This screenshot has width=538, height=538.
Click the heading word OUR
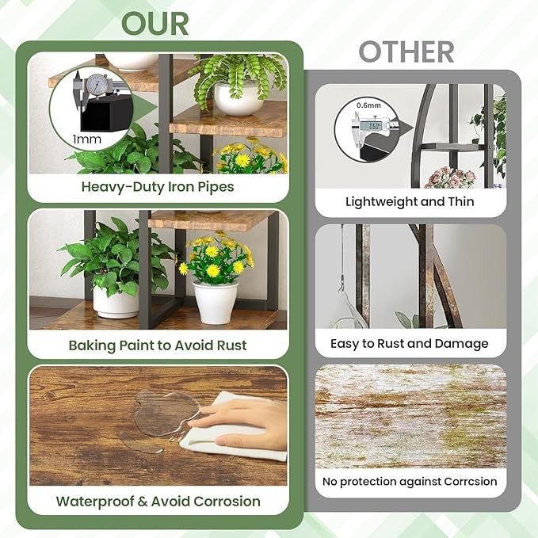pyautogui.click(x=155, y=23)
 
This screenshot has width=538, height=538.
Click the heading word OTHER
pyautogui.click(x=406, y=52)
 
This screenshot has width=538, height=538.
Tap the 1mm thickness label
pyautogui.click(x=87, y=139)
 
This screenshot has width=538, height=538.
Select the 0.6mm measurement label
pyautogui.click(x=368, y=105)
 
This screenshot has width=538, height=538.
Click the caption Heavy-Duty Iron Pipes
pyautogui.click(x=158, y=187)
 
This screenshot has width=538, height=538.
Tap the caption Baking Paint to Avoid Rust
pyautogui.click(x=158, y=345)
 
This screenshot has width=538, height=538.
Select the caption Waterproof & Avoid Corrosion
pyautogui.click(x=158, y=502)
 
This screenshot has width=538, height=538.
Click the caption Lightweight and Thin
pyautogui.click(x=410, y=201)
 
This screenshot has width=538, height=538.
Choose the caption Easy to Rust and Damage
pyautogui.click(x=410, y=343)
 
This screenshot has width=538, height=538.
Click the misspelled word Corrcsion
pyautogui.click(x=471, y=482)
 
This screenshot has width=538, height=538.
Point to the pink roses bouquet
pyautogui.click(x=449, y=177)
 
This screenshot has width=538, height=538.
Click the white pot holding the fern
pyautogui.click(x=239, y=98)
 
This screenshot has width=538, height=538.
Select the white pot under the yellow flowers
pyautogui.click(x=216, y=303)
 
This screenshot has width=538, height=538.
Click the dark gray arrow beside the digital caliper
pyautogui.click(x=406, y=129)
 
